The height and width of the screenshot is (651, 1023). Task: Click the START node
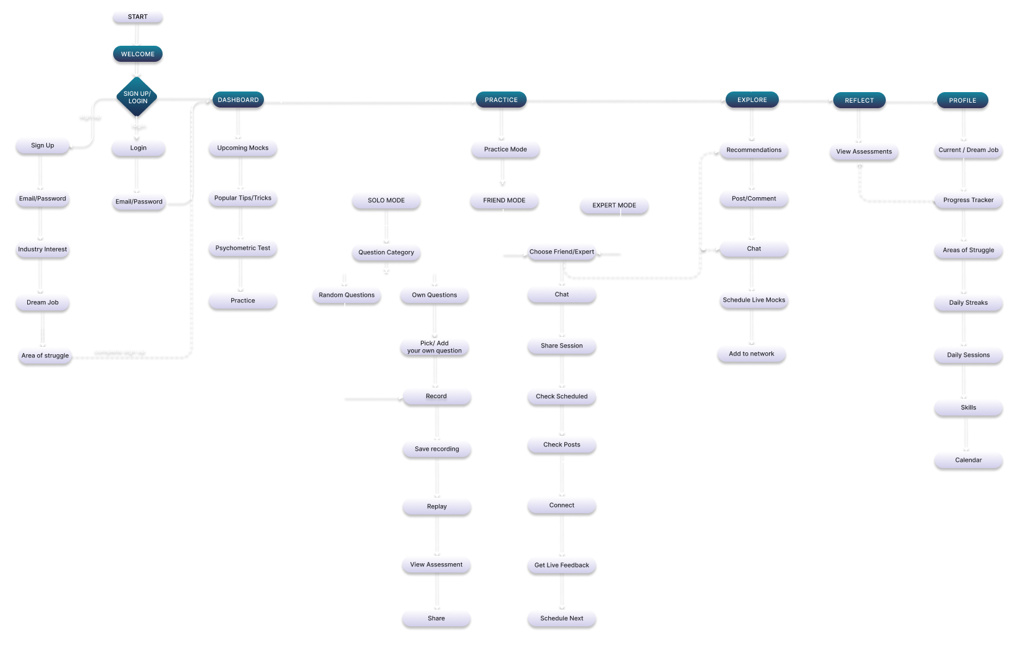coord(137,17)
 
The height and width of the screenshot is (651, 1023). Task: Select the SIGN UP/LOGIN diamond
coord(137,97)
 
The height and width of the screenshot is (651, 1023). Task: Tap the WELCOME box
coord(138,54)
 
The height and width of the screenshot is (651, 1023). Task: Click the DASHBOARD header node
coord(238,100)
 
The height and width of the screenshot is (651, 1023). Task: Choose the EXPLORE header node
coord(752,100)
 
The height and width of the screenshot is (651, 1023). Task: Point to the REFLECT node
coord(859,100)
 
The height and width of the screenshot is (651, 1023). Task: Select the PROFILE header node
coord(962,100)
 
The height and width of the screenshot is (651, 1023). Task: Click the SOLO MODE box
coord(386,200)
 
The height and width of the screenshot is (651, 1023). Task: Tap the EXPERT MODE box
coord(614,205)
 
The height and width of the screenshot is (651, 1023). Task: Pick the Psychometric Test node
coord(243,248)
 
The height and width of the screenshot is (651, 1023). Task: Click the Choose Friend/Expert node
coord(561,252)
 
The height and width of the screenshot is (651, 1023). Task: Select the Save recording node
coord(436,449)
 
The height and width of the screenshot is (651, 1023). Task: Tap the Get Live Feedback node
coord(561,565)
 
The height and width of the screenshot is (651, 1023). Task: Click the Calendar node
coord(968,460)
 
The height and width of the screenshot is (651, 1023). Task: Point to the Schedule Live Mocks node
coord(753,300)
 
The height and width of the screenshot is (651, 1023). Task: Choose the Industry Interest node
coord(43,249)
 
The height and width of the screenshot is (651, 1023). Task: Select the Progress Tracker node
coord(968,200)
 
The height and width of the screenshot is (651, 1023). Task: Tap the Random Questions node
coord(346,295)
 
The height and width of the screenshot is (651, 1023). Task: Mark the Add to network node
coord(751,354)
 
